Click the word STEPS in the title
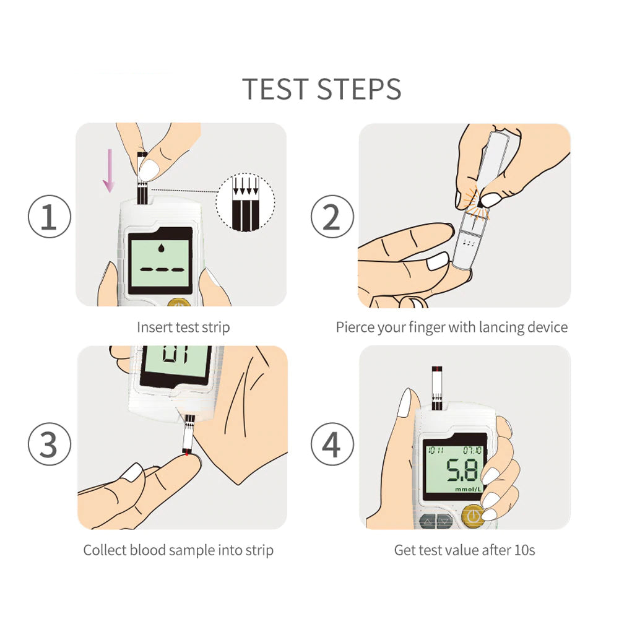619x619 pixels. coord(360,89)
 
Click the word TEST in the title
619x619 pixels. coord(275,89)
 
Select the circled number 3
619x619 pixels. coord(50,444)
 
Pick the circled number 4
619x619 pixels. coord(332,444)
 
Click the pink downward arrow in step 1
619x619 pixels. coord(109,170)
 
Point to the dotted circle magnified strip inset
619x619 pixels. coord(245,201)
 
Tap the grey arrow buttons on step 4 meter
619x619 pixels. coord(436,522)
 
